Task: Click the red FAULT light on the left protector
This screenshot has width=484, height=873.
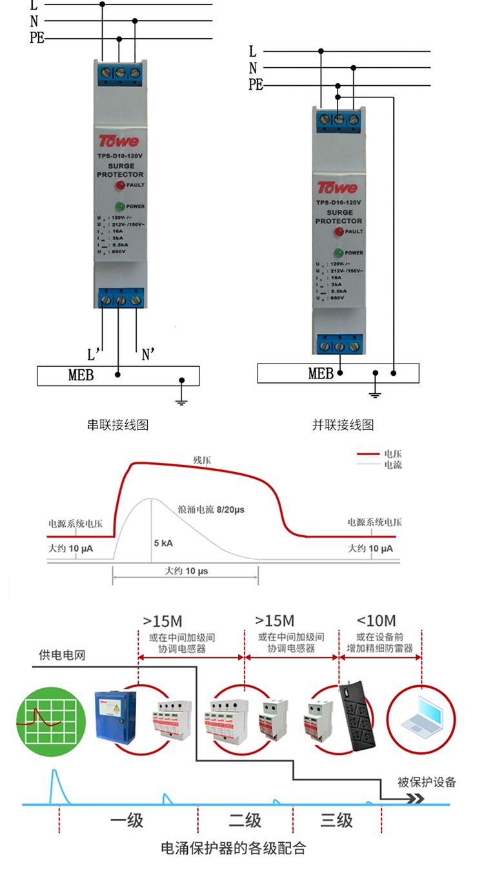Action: click(x=119, y=186)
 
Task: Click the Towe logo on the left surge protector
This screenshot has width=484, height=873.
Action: click(x=118, y=140)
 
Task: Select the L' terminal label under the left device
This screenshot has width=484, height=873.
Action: click(x=94, y=354)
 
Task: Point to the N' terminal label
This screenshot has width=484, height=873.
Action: click(x=148, y=354)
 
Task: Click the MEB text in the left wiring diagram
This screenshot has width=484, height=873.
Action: click(x=81, y=375)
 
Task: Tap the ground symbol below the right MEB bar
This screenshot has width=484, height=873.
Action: click(x=375, y=392)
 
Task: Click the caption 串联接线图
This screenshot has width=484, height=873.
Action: click(x=118, y=425)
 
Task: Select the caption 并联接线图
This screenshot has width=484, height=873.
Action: click(x=343, y=425)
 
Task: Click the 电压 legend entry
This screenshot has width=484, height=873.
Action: click(x=392, y=454)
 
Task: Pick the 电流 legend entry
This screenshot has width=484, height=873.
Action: click(x=392, y=464)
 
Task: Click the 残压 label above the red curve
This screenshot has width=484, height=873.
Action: click(x=202, y=460)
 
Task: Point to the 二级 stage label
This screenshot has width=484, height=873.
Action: click(x=245, y=821)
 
